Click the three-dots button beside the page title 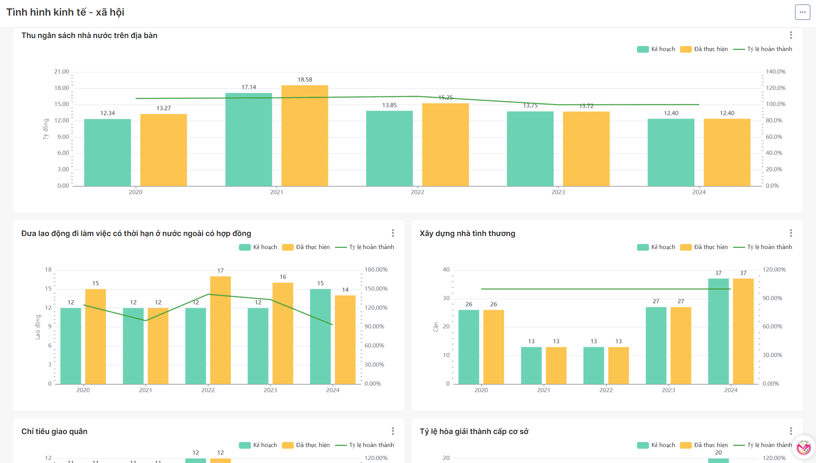coord(802,12)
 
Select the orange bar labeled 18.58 coord(305,135)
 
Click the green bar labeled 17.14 coord(249,139)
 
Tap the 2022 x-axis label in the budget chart coord(417,192)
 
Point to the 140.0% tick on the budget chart coord(776,72)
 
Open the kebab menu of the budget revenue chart coord(791,35)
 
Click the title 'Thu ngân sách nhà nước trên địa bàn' coord(89,35)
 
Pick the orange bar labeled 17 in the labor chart coord(221,330)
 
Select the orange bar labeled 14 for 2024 coord(345,339)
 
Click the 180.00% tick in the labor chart coord(376,270)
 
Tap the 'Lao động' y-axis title coord(38,327)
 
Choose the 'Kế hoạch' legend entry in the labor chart coord(258,247)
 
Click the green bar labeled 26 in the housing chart coord(469,346)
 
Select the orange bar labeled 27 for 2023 coord(681,345)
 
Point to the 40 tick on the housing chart coord(446,270)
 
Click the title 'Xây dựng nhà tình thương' coord(467,233)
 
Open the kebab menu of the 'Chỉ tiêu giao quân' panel coord(393,431)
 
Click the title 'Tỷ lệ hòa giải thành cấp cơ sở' coord(474,431)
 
